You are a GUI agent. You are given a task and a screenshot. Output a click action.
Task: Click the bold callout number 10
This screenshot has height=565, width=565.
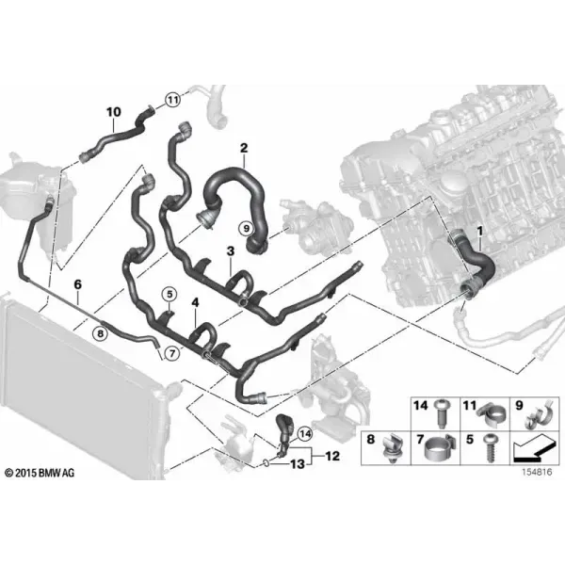pyautogui.click(x=114, y=112)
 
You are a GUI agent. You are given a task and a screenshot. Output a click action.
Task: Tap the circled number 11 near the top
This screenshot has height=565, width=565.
pyautogui.click(x=173, y=100)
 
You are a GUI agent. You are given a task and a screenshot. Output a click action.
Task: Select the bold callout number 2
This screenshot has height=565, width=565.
pyautogui.click(x=244, y=148)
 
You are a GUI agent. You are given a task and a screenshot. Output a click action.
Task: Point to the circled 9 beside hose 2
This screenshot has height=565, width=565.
pyautogui.click(x=247, y=228)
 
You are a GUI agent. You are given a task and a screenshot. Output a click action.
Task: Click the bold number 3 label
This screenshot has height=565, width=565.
pyautogui.click(x=231, y=251)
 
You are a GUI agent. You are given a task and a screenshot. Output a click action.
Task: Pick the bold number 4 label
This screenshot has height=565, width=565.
pyautogui.click(x=195, y=302)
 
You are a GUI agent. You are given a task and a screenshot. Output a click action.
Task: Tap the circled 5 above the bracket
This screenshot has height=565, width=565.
pyautogui.click(x=169, y=295)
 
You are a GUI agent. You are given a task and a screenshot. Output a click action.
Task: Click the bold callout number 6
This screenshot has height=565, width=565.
pyautogui.click(x=78, y=284)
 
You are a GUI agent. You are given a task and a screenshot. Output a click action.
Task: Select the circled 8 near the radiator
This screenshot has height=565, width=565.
pyautogui.click(x=100, y=333)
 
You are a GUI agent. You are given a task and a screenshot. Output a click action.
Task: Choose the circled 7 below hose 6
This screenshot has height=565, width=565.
pyautogui.click(x=172, y=353)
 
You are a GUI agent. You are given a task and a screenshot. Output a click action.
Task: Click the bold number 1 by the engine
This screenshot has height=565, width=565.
pyautogui.click(x=479, y=231)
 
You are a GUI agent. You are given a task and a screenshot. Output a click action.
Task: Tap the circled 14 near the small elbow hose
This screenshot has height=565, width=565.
pyautogui.click(x=305, y=434)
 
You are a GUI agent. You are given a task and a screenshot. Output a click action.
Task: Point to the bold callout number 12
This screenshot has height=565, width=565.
pyautogui.click(x=332, y=456)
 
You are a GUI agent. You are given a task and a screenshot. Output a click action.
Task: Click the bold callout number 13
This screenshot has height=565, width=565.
pyautogui.click(x=298, y=464)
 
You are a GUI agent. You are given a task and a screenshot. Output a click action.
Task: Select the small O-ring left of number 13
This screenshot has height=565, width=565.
pyautogui.click(x=265, y=462)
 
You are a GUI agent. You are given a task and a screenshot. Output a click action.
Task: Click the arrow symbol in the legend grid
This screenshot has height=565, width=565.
pyautogui.click(x=533, y=449)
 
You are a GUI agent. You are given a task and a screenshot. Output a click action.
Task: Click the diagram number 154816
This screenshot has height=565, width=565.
pyautogui.click(x=537, y=472)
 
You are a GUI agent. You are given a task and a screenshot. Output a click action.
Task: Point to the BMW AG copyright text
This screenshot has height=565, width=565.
pyautogui.click(x=40, y=473)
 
